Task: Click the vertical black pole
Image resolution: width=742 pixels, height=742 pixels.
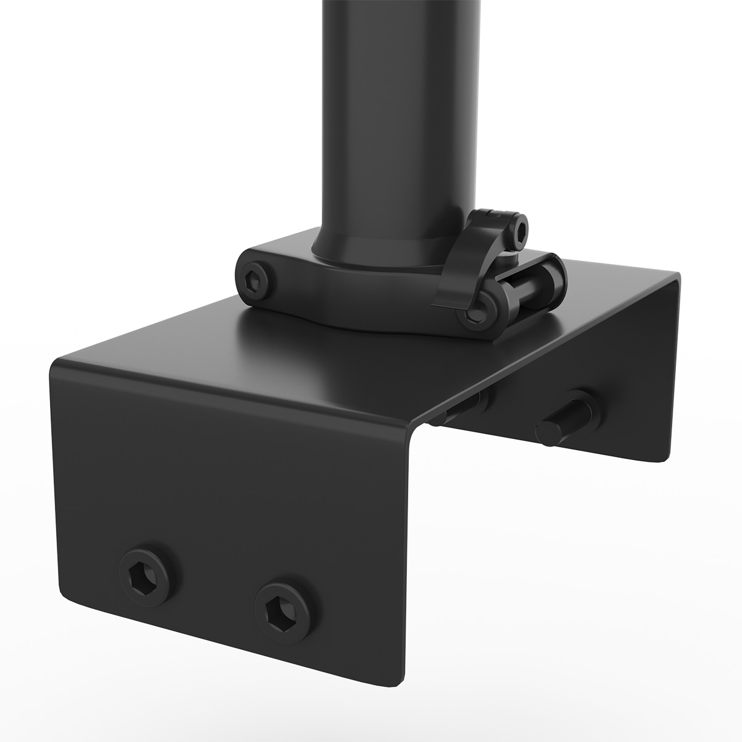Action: coord(401,124)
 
